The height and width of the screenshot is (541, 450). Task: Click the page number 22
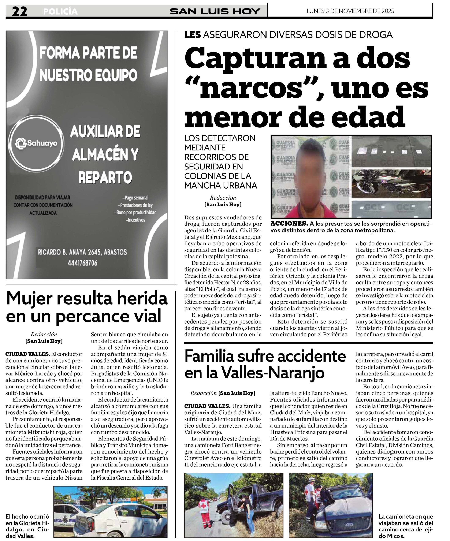pos(20,11)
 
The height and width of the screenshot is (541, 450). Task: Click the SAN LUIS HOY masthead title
pos(215,11)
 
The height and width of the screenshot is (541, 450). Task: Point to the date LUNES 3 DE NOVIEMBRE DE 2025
pos(350,11)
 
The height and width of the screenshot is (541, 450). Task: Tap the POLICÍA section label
pos(60,12)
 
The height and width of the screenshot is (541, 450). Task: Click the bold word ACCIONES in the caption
pos(289,224)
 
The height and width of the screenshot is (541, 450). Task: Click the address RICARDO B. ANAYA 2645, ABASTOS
pos(82,252)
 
